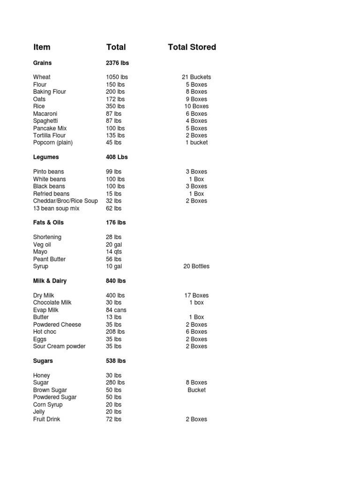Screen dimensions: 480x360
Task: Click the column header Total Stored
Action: click(192, 47)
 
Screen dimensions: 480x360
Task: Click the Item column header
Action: click(42, 47)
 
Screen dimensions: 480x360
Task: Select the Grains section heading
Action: click(43, 63)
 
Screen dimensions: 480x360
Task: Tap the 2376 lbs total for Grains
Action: click(117, 63)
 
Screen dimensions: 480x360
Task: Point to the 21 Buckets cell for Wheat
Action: click(196, 77)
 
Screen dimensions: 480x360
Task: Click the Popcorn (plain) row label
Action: click(53, 142)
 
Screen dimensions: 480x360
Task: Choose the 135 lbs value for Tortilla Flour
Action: click(115, 135)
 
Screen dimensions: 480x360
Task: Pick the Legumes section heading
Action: click(46, 157)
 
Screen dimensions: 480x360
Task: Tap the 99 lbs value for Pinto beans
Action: click(114, 172)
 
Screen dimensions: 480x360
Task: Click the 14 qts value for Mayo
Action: click(114, 252)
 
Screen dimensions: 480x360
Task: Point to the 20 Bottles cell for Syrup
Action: click(196, 266)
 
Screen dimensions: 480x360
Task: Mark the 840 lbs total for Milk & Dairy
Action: click(116, 281)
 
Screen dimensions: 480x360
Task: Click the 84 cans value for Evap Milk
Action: click(116, 310)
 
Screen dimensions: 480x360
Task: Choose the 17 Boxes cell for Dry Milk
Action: click(196, 295)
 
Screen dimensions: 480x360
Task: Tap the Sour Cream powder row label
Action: click(60, 346)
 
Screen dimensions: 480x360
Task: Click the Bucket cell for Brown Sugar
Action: click(196, 390)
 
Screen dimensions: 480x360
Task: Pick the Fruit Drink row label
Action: click(47, 419)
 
